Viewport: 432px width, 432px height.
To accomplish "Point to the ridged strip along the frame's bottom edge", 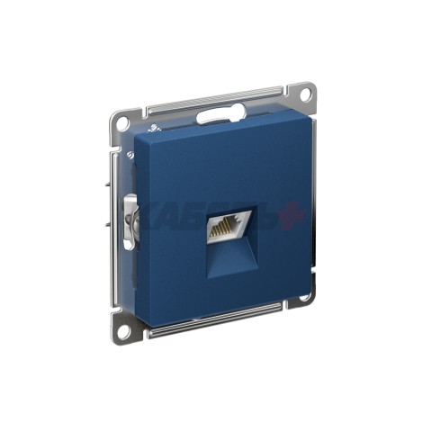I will tap(216, 322).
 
